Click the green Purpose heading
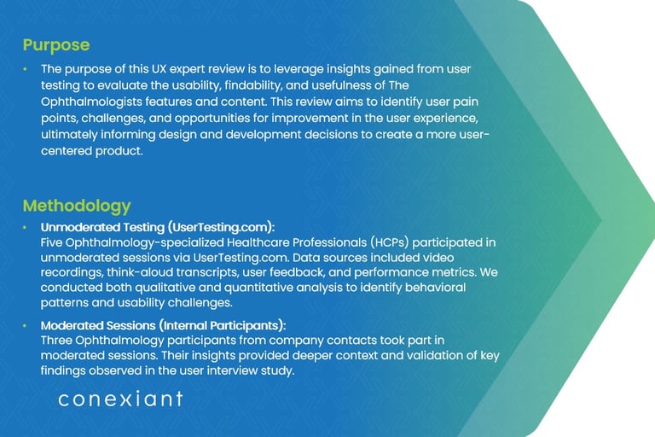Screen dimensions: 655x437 [x=56, y=45]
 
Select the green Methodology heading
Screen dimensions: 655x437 [x=77, y=207]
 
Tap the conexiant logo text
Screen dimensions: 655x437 [x=120, y=399]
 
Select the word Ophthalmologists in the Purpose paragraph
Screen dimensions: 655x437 [x=91, y=102]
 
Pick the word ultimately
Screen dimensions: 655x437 [x=69, y=135]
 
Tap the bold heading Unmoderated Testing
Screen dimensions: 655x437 [x=102, y=227]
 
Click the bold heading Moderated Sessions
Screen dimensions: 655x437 [x=98, y=325]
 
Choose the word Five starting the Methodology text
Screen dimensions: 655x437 [x=51, y=242]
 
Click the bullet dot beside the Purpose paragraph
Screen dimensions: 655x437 [x=25, y=68]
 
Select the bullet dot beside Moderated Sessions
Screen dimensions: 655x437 [x=25, y=325]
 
